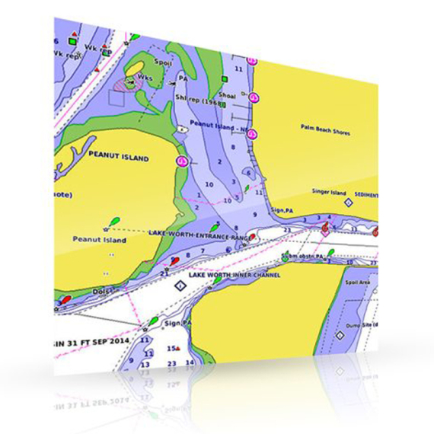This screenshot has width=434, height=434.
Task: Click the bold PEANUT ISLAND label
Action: pyautogui.click(x=118, y=158)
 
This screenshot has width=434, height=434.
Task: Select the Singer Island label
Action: pyautogui.click(x=329, y=192)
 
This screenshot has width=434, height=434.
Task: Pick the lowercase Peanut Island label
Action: pyautogui.click(x=99, y=240)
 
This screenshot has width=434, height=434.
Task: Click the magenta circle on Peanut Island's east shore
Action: pyautogui.click(x=181, y=161)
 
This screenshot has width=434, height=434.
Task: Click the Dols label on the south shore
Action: pyautogui.click(x=103, y=291)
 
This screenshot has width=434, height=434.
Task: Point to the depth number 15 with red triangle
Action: pyautogui.click(x=172, y=349)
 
